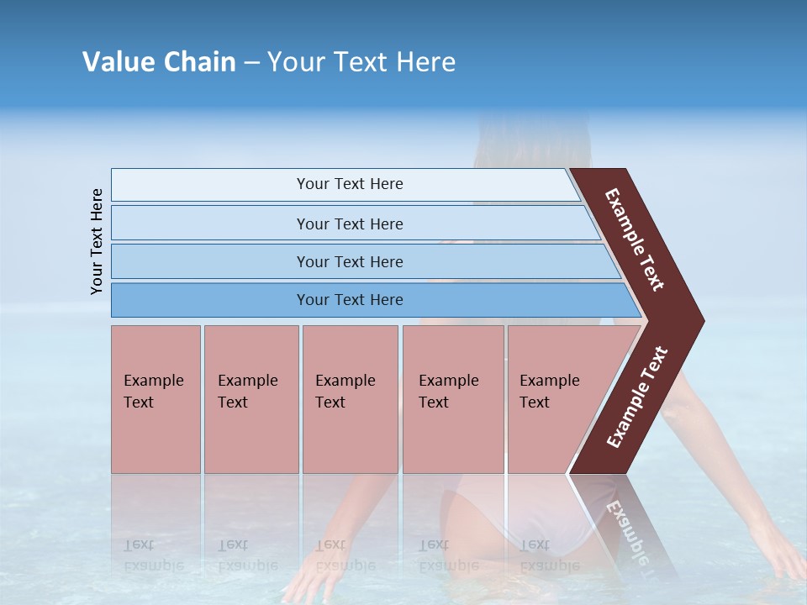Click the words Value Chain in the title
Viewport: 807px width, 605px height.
click(159, 62)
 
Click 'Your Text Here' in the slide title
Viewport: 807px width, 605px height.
click(361, 62)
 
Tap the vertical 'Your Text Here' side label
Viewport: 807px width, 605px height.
click(97, 241)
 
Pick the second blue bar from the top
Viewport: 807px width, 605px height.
click(210, 224)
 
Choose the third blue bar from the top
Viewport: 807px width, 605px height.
click(210, 261)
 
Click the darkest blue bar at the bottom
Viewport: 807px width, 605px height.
click(210, 300)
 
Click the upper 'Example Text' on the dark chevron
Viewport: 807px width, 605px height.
click(635, 239)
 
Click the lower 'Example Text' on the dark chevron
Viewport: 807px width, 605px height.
click(637, 397)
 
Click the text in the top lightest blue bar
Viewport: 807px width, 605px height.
click(350, 184)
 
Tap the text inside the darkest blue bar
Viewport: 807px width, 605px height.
click(350, 300)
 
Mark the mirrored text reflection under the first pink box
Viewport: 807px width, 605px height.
click(153, 555)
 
